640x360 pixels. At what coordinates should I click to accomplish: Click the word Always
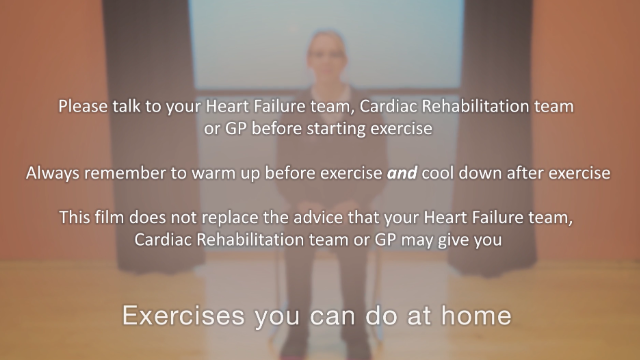coord(54,173)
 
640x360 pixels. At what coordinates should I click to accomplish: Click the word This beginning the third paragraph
coord(76,218)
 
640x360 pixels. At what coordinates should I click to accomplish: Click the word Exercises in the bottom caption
coord(173,317)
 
